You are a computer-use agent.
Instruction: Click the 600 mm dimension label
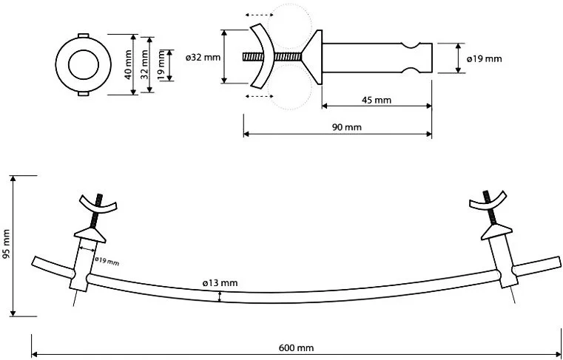tap(296, 347)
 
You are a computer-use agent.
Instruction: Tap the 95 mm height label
tap(6, 248)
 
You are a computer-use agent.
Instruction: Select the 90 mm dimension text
tap(347, 126)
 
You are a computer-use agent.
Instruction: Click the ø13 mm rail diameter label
tap(220, 283)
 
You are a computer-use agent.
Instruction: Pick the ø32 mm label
tap(203, 58)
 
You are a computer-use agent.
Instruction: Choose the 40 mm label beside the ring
tap(127, 65)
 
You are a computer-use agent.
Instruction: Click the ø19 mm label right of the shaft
tap(485, 59)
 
